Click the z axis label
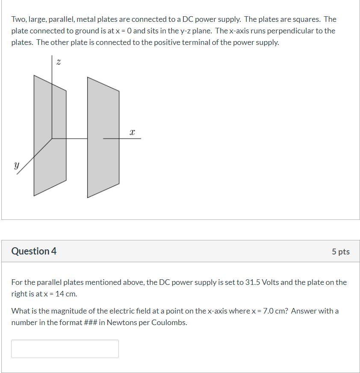click(59, 62)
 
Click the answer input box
click(65, 349)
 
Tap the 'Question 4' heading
click(34, 251)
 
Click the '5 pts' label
click(340, 252)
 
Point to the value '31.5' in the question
click(251, 282)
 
